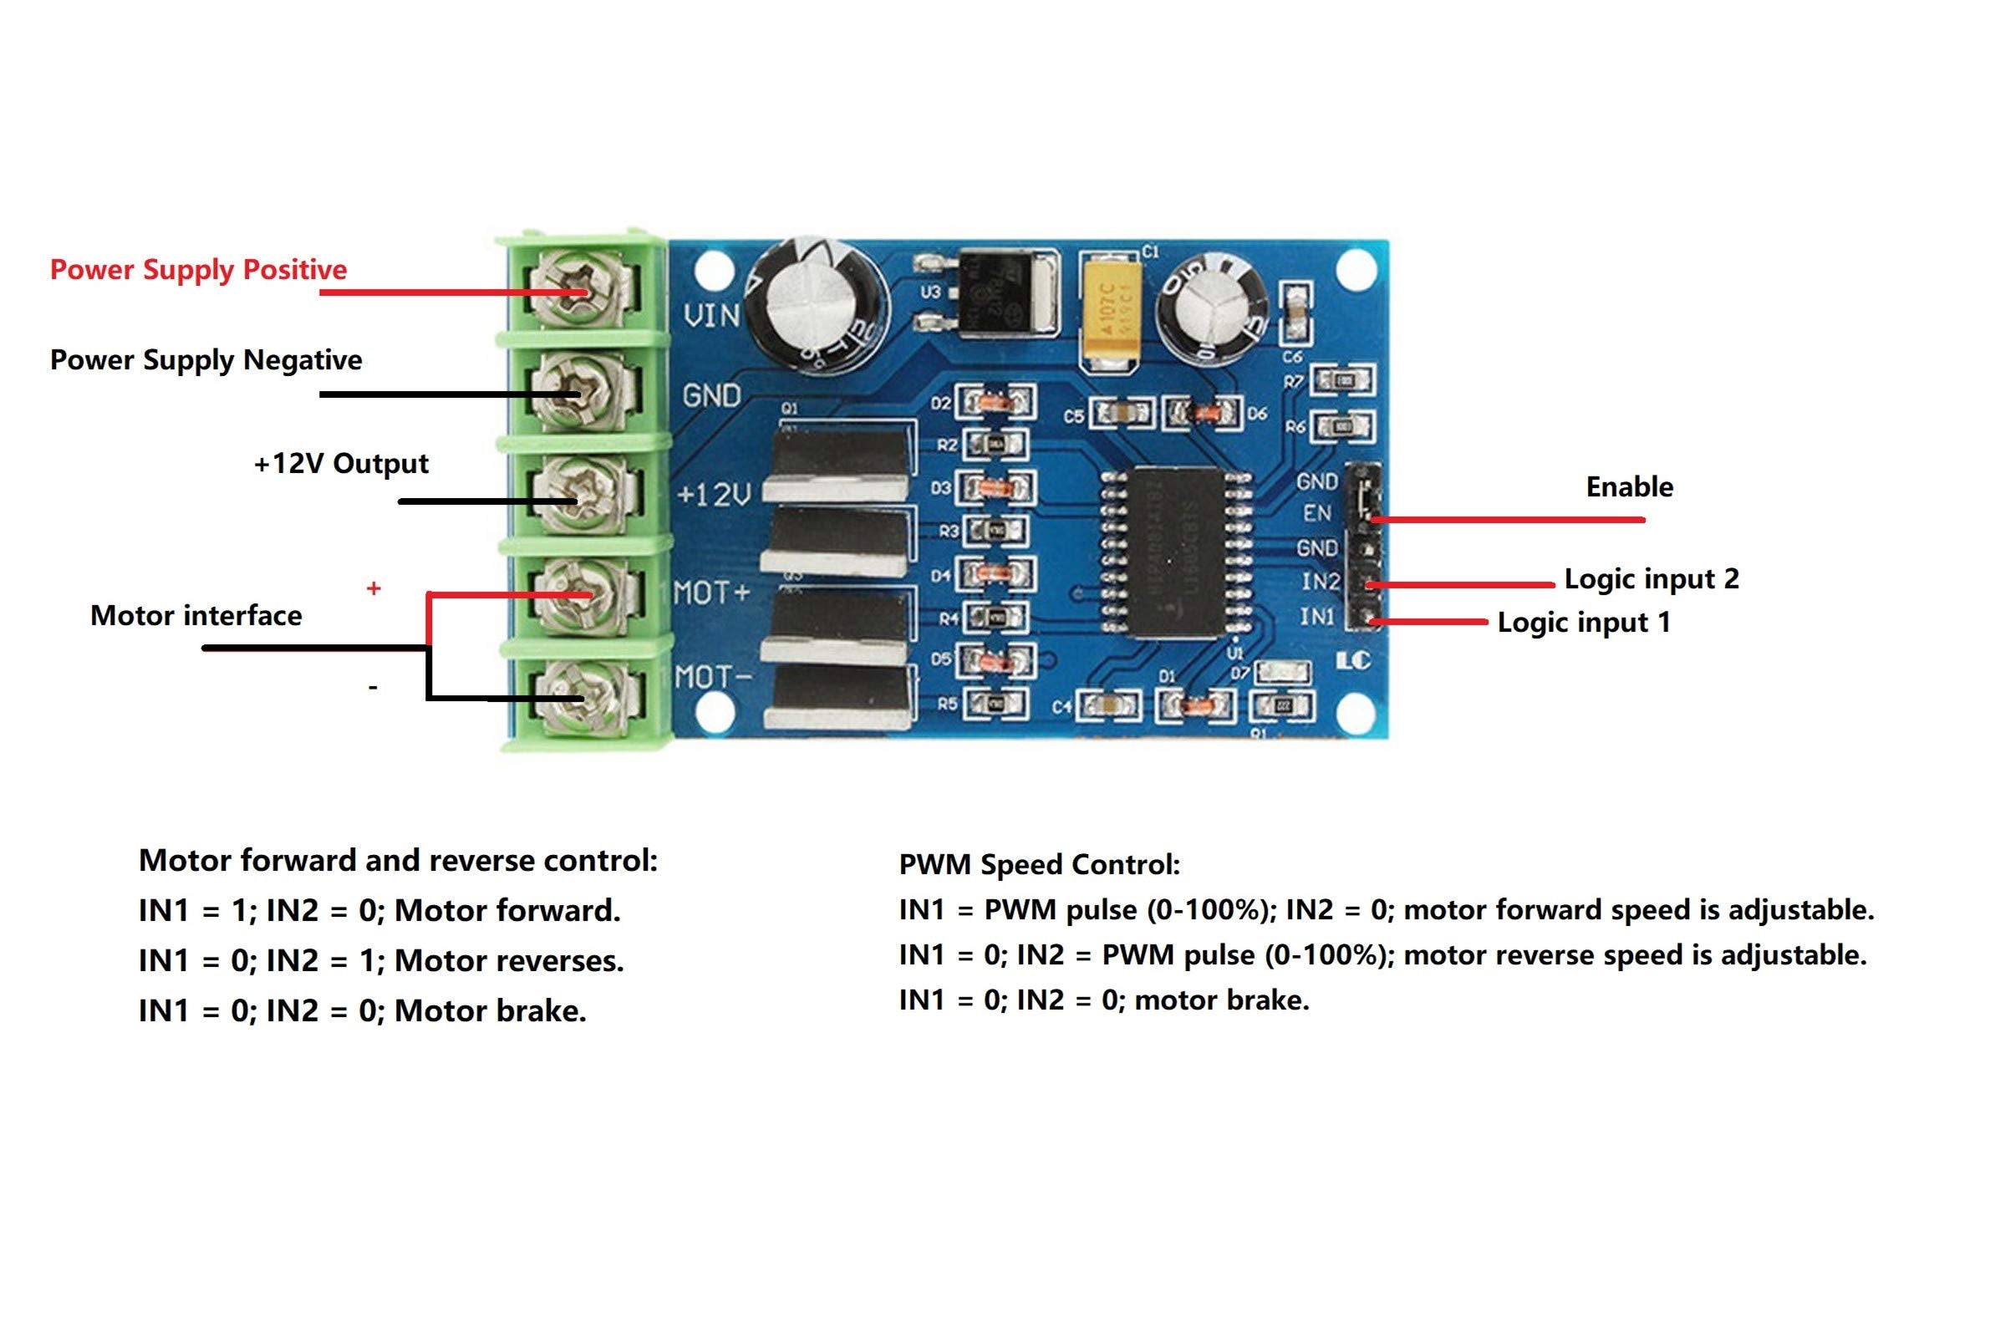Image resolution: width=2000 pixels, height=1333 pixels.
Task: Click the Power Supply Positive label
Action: (x=198, y=269)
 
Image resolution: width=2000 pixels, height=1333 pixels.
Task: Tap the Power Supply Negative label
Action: (x=206, y=359)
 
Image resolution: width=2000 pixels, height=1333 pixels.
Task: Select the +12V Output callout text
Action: (x=341, y=463)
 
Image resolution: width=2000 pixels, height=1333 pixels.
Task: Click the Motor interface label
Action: (x=196, y=615)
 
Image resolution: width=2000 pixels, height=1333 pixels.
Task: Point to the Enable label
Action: (x=1629, y=487)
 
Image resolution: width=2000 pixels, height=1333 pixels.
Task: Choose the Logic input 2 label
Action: (x=1651, y=579)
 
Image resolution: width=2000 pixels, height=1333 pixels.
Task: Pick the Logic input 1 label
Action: (x=1583, y=623)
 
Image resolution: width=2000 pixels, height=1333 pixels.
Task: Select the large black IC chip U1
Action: (x=1178, y=552)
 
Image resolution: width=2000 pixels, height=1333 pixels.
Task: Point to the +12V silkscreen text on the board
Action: (x=714, y=494)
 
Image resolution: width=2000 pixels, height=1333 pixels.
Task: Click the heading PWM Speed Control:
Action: (x=1039, y=865)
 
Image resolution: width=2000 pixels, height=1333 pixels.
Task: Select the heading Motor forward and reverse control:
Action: (x=398, y=860)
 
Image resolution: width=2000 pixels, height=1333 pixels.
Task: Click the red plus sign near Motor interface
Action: (x=373, y=588)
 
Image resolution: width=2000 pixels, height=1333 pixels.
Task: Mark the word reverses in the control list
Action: (x=565, y=960)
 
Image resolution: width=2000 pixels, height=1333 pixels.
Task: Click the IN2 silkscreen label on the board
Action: (x=1319, y=582)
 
